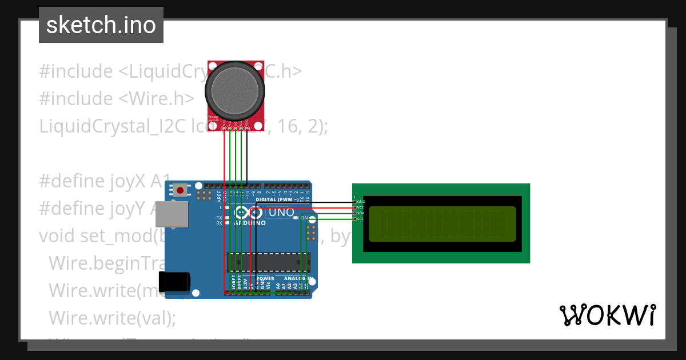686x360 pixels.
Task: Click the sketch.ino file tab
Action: [x=101, y=25]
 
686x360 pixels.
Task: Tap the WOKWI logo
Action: [x=607, y=315]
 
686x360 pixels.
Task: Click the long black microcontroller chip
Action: [x=269, y=262]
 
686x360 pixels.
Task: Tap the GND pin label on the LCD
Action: [x=361, y=202]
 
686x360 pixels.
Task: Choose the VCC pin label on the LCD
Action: [x=361, y=207]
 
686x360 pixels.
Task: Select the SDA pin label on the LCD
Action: [x=361, y=213]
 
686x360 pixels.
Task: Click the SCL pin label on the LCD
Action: [x=361, y=219]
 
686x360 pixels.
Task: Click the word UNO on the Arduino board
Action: [x=281, y=213]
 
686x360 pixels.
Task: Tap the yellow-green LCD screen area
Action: [x=442, y=223]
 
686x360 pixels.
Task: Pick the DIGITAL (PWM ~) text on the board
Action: [x=277, y=199]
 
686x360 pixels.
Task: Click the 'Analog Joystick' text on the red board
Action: [x=213, y=119]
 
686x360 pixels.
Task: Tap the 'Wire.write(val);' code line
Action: [x=113, y=317]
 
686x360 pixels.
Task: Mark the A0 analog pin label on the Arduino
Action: [x=278, y=284]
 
